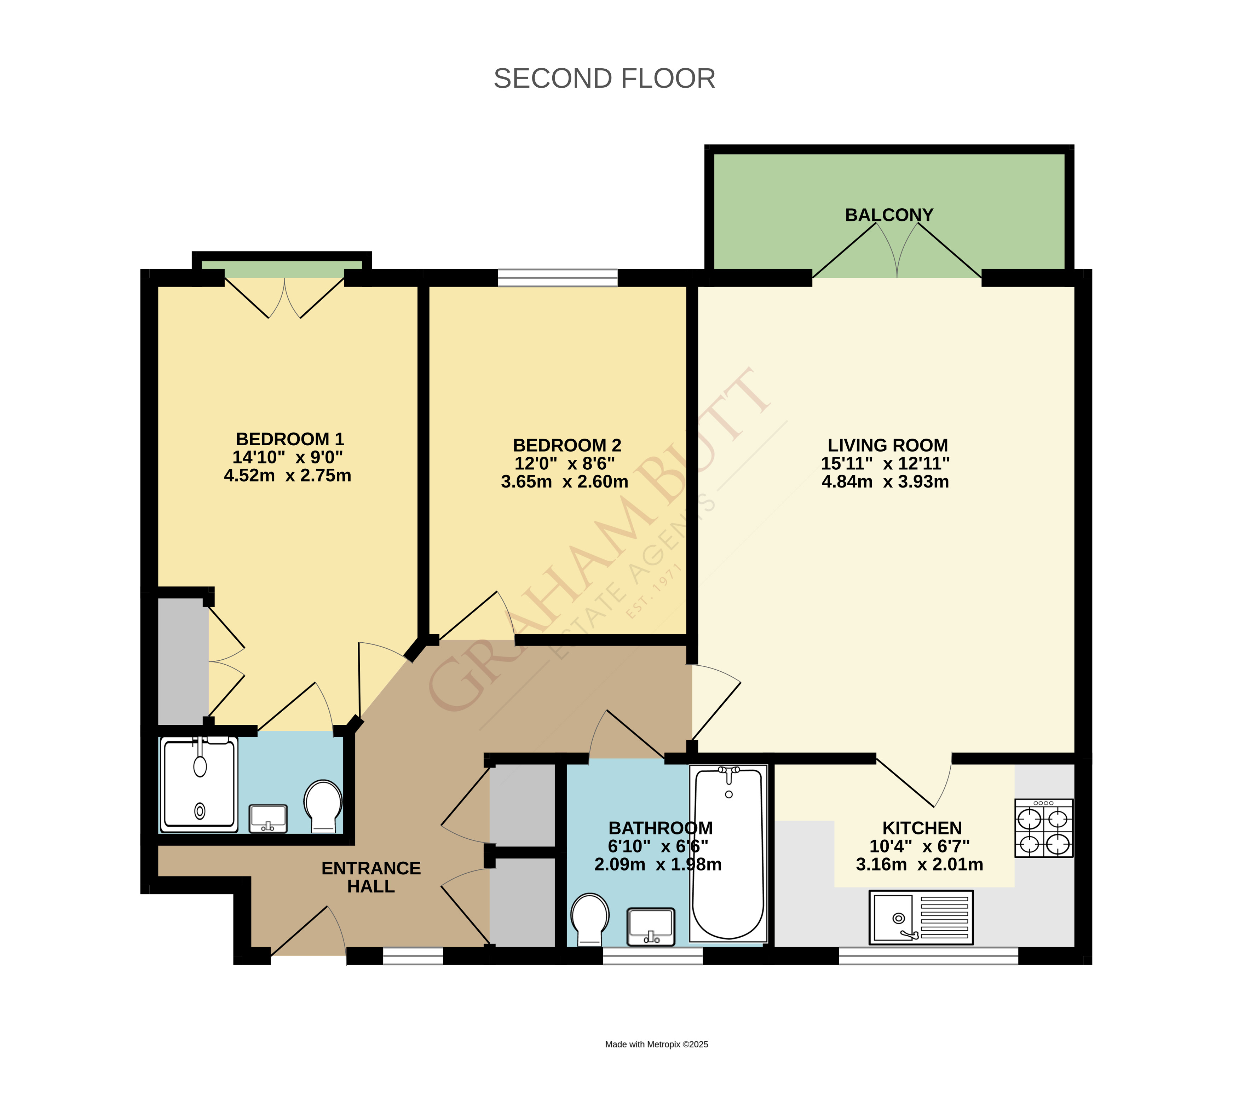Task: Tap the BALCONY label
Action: [x=889, y=215]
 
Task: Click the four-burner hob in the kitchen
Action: [x=1043, y=828]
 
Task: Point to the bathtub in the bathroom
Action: [x=728, y=853]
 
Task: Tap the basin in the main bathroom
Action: [x=651, y=926]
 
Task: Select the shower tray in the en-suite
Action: [x=199, y=785]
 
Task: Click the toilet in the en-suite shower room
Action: [x=323, y=805]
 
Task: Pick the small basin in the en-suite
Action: [x=268, y=818]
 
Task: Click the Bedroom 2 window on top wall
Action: [x=558, y=278]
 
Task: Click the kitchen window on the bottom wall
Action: [x=928, y=956]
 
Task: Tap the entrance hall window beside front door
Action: [x=413, y=956]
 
